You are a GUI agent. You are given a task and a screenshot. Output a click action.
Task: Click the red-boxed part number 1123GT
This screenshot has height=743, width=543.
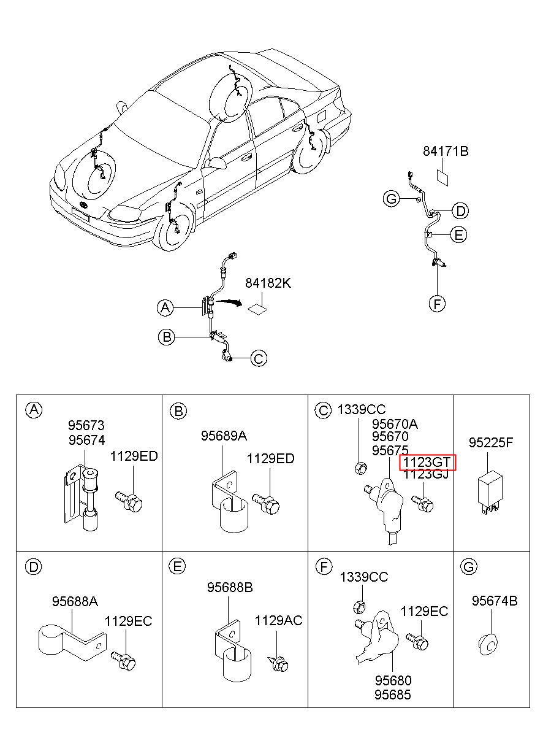click(x=427, y=462)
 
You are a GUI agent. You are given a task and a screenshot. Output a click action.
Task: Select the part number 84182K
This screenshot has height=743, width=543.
click(x=268, y=283)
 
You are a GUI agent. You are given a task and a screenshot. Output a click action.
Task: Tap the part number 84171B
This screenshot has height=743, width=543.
click(x=446, y=151)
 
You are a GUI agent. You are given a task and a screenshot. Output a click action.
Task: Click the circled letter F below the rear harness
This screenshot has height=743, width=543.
click(x=436, y=303)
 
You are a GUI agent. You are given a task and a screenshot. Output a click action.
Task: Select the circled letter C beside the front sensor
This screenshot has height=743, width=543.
click(x=259, y=358)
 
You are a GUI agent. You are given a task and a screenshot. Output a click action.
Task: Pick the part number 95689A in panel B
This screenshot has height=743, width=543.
click(x=224, y=436)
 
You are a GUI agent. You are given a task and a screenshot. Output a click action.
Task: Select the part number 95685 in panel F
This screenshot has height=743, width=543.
click(x=393, y=695)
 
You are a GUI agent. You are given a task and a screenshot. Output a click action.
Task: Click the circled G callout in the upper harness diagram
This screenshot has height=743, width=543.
click(x=390, y=198)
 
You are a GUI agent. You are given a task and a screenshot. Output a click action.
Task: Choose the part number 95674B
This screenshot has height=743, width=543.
click(x=494, y=601)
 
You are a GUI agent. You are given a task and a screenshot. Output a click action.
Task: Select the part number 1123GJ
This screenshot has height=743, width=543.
click(x=427, y=474)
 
